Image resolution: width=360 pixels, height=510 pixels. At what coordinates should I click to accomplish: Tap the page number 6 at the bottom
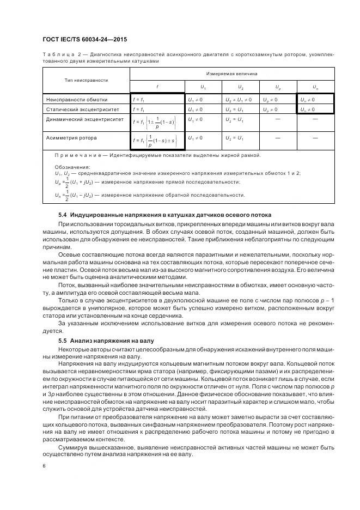(44, 465)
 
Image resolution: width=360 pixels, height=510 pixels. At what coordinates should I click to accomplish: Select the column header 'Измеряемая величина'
(231, 73)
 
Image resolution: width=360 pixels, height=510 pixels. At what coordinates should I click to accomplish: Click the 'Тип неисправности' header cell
(86, 80)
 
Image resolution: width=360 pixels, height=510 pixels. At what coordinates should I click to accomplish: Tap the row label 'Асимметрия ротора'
(72, 138)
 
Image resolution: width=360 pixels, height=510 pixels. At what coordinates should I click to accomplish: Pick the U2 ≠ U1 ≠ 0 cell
(238, 100)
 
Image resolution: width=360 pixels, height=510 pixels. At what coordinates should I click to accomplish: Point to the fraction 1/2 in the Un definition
(67, 195)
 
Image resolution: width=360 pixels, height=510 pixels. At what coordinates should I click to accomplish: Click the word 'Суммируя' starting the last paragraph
(73, 447)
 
